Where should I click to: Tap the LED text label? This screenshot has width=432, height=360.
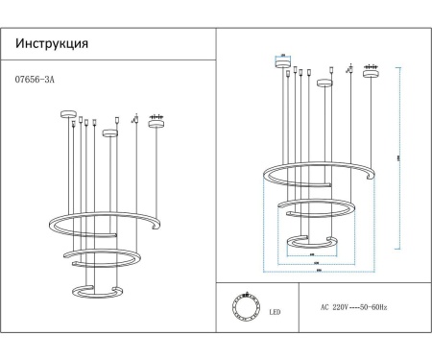pos(275,312)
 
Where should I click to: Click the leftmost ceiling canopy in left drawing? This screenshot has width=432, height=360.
pos(68,115)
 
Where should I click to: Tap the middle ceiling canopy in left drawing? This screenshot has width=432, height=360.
pos(110,132)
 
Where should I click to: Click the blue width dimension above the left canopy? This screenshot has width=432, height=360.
pos(283,56)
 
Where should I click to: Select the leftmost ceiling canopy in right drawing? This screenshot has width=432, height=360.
pos(283,65)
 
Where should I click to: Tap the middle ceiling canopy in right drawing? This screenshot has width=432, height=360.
pos(325,82)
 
